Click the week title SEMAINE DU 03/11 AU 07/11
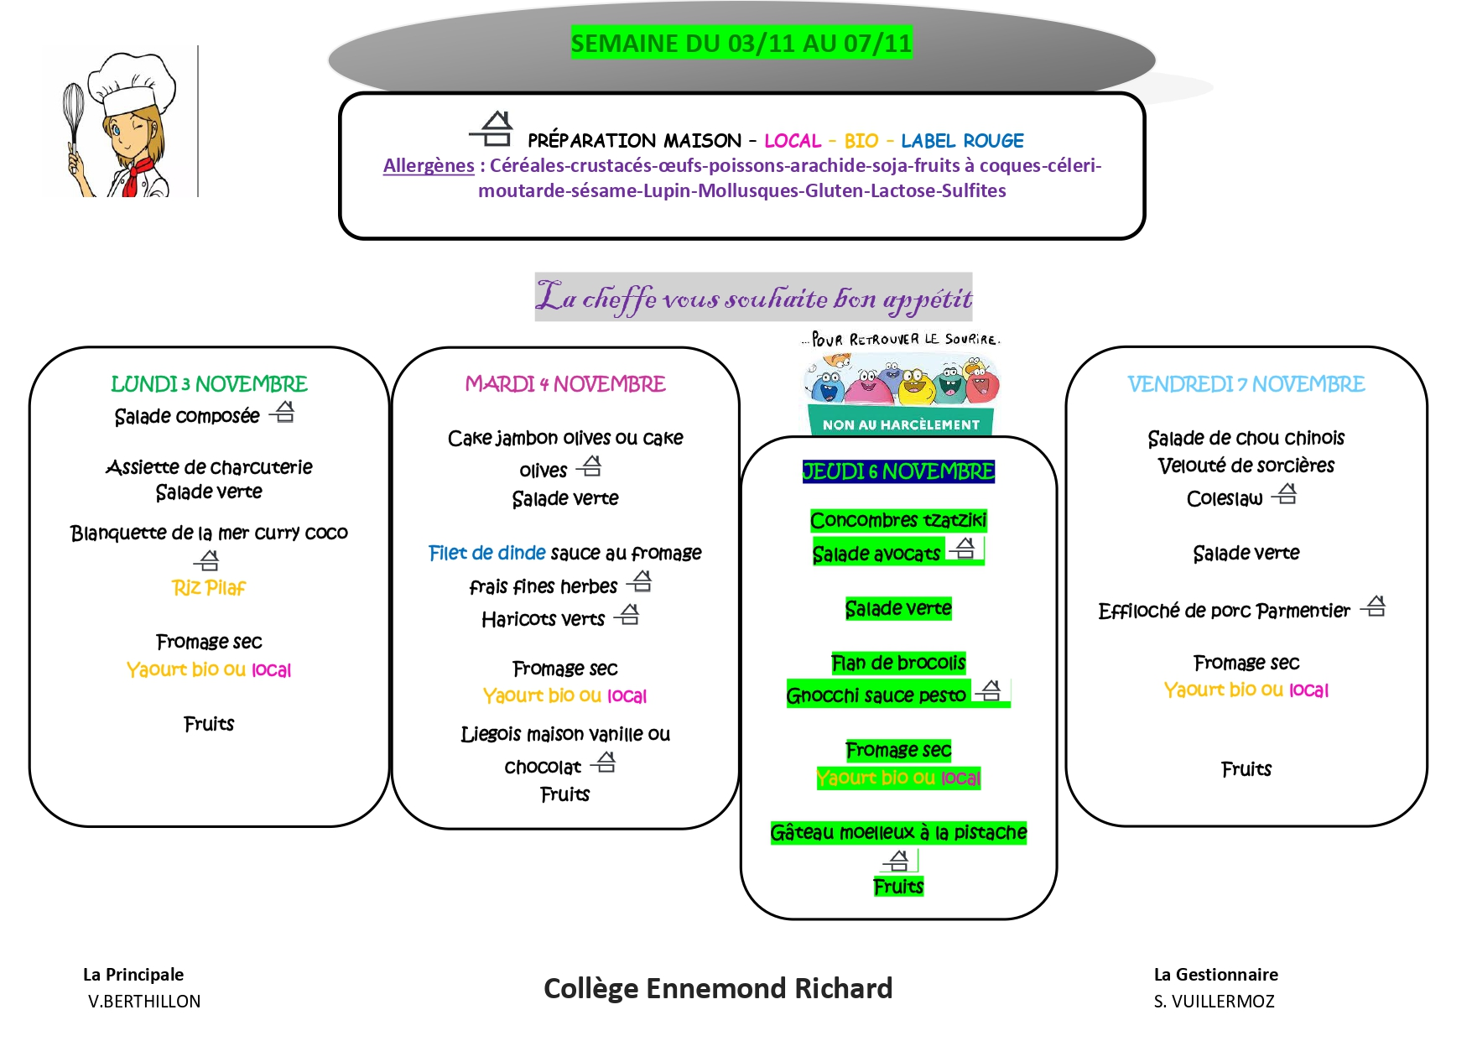click(x=741, y=43)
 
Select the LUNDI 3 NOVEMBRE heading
click(x=209, y=384)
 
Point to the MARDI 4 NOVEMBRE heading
click(x=565, y=384)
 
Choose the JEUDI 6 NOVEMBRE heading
click(x=898, y=471)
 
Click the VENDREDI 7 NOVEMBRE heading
click(x=1246, y=384)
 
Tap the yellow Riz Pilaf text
click(x=209, y=588)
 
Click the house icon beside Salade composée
click(x=284, y=412)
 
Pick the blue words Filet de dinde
click(x=486, y=553)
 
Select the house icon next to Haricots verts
click(x=628, y=615)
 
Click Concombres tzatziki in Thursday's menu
click(x=898, y=521)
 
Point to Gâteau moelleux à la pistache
click(x=898, y=832)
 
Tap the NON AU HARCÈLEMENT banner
click(x=901, y=424)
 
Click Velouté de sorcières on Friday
click(x=1246, y=466)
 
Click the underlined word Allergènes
click(x=429, y=166)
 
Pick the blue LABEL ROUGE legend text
click(x=962, y=141)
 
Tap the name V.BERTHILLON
click(x=144, y=1001)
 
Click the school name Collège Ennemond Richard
click(x=718, y=988)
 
